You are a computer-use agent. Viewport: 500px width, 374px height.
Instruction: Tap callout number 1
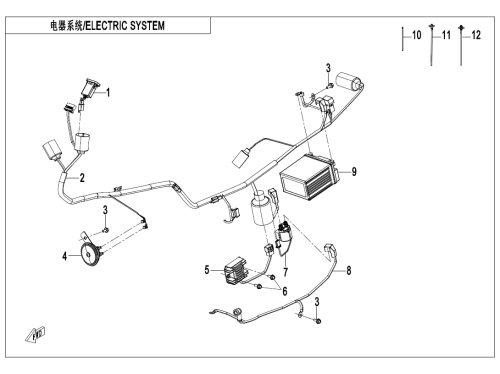click(x=108, y=92)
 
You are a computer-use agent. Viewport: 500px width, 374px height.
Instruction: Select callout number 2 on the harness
click(x=82, y=178)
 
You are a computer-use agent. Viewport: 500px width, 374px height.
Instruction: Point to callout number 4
click(x=64, y=256)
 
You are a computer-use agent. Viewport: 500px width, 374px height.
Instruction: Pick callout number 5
click(x=207, y=270)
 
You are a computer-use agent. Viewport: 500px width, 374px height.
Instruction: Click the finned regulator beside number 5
click(x=236, y=270)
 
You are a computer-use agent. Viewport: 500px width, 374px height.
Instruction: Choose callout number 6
click(x=285, y=291)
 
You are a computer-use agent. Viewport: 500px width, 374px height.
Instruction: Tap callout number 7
click(x=286, y=272)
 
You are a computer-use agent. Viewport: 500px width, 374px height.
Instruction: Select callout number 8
click(x=349, y=270)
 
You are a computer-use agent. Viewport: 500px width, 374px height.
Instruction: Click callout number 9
click(x=354, y=171)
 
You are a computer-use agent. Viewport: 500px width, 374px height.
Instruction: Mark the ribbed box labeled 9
click(x=310, y=178)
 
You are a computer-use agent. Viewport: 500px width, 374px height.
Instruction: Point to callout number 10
click(x=417, y=35)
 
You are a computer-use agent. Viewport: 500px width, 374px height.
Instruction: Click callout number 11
click(x=446, y=35)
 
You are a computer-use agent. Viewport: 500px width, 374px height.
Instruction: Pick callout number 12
click(x=476, y=35)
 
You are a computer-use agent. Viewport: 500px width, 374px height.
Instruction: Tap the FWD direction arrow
click(x=35, y=335)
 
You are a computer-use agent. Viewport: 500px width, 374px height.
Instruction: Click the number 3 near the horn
click(x=105, y=210)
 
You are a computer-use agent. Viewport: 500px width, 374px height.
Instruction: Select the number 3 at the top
click(x=328, y=68)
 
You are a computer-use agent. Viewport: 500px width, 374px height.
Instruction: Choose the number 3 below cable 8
click(x=317, y=302)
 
